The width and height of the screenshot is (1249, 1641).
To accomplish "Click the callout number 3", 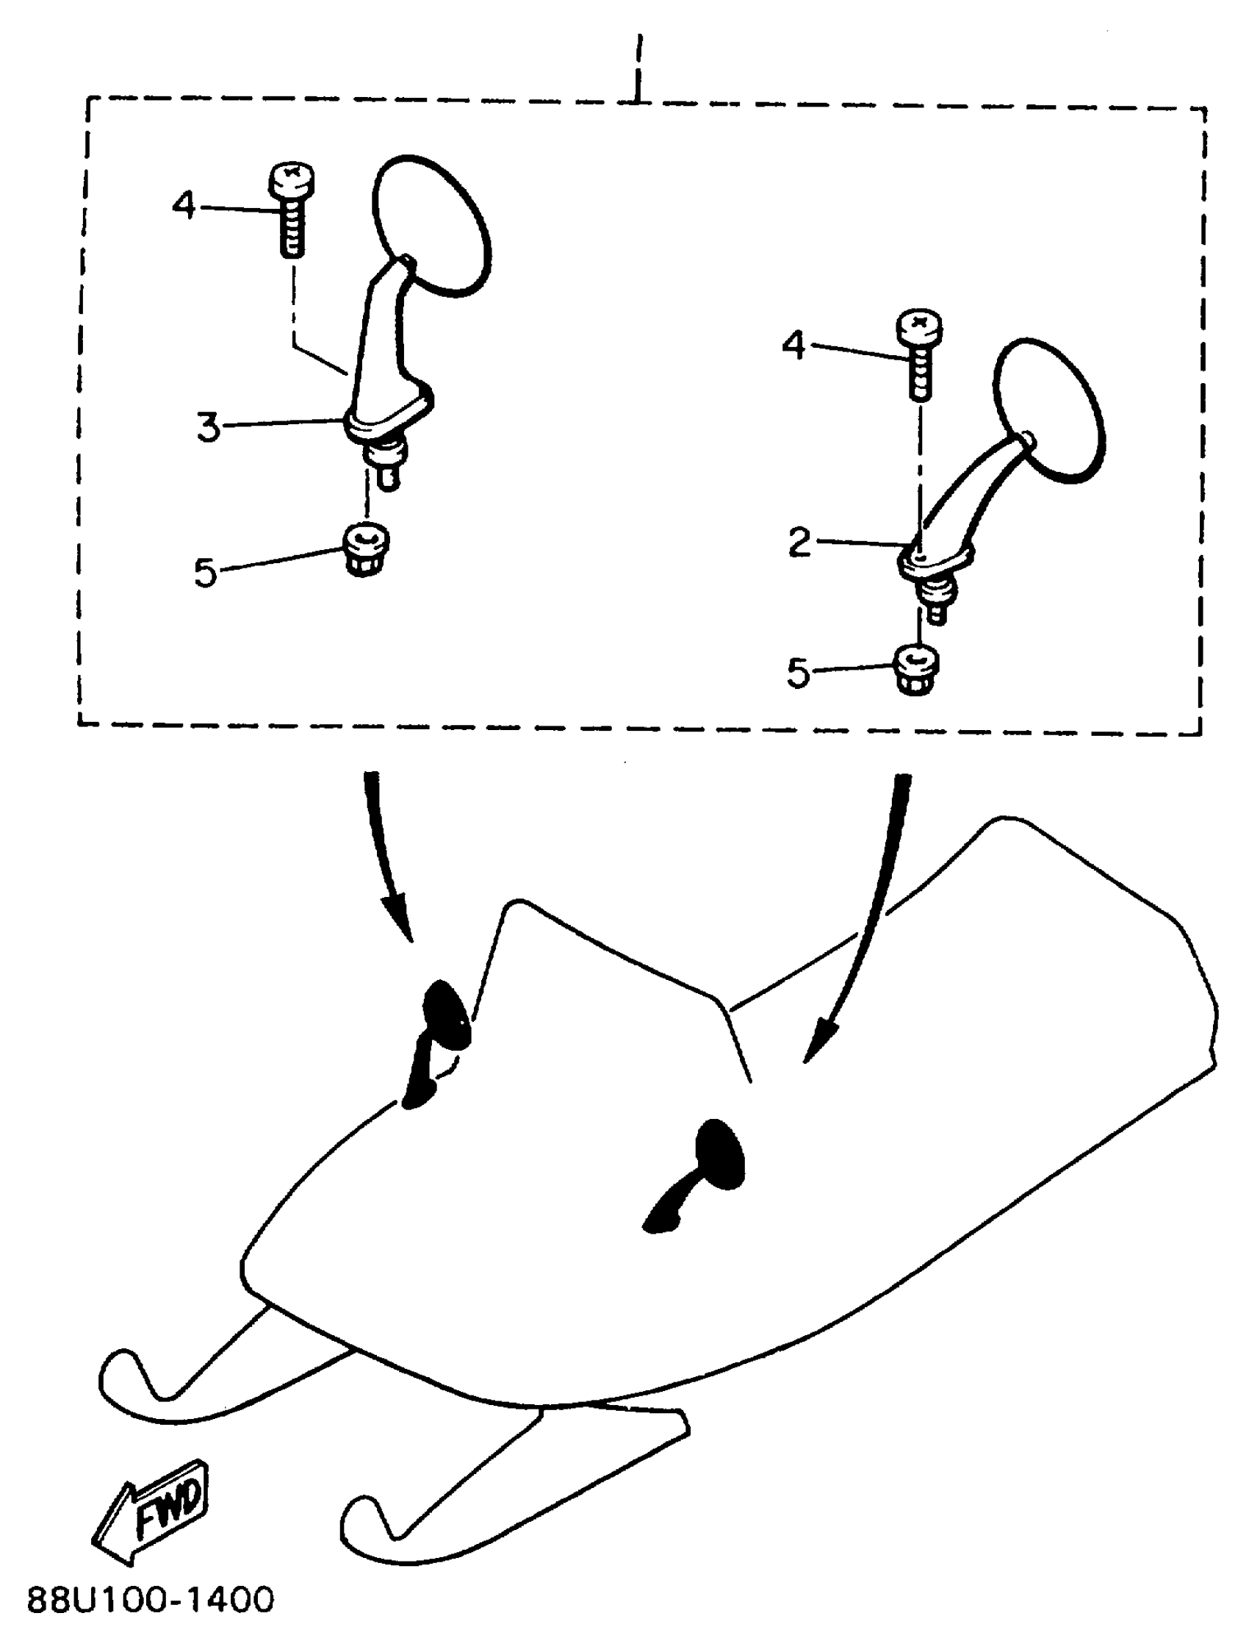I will (x=209, y=428).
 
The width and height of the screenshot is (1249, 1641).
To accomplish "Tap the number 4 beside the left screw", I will (x=184, y=204).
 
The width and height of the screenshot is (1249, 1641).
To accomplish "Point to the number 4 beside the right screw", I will (x=794, y=345).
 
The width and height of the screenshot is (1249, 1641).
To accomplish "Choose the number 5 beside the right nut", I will (x=798, y=673).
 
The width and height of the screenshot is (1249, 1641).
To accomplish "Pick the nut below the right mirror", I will (x=917, y=670).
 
